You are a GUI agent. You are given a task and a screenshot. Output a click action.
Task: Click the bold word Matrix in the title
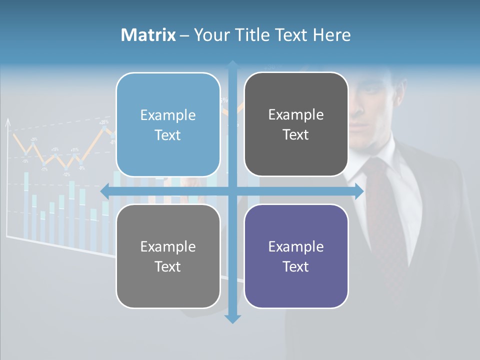click(148, 35)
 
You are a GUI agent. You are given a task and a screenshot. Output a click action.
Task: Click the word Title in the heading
click(252, 35)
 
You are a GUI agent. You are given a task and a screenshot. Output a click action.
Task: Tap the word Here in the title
click(332, 35)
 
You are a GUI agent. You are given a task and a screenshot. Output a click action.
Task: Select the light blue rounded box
click(168, 124)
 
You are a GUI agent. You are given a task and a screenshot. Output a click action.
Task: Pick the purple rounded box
click(296, 256)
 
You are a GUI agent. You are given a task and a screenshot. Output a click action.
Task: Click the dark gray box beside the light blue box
click(296, 124)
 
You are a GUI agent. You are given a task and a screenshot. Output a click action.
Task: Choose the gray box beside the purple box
click(168, 256)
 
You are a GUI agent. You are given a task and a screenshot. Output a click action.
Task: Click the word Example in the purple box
click(296, 246)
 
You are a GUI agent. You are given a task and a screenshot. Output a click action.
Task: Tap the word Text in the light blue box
click(168, 135)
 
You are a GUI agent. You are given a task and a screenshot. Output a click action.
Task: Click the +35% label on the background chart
click(104, 122)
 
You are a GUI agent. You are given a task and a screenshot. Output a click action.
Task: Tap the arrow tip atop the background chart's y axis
click(7, 121)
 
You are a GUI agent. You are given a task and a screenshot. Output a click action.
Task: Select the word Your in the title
click(210, 35)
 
